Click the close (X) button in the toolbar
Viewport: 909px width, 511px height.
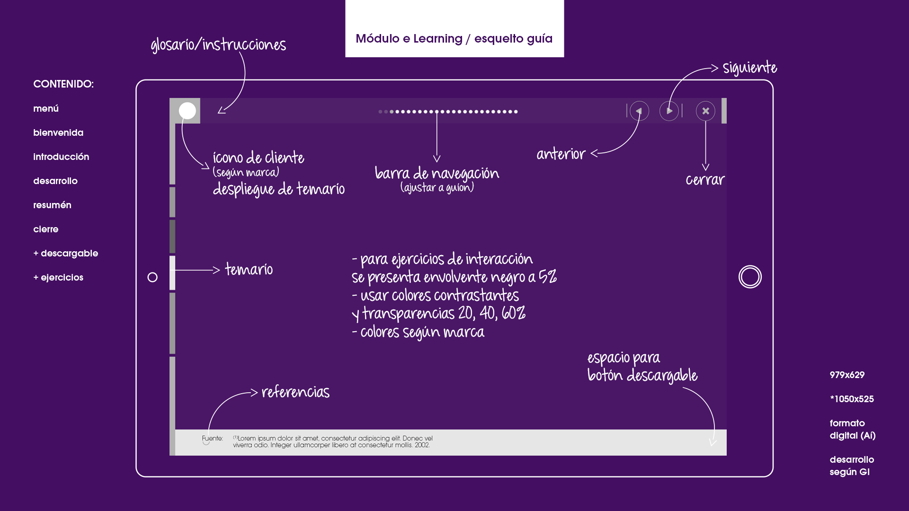(x=705, y=111)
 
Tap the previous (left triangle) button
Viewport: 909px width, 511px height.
(x=639, y=111)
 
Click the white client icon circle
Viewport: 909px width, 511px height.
(x=187, y=111)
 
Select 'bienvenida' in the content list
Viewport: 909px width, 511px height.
(x=58, y=133)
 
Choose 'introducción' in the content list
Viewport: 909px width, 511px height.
(x=61, y=157)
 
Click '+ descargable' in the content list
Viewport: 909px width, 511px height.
(x=66, y=254)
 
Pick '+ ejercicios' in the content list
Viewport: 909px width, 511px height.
(x=58, y=278)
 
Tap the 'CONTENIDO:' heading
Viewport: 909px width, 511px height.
(x=63, y=84)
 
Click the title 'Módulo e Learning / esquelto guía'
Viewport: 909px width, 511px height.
(x=454, y=39)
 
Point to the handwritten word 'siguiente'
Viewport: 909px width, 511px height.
(x=749, y=68)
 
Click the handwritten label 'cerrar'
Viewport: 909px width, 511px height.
(x=705, y=180)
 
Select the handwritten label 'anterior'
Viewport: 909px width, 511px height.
(x=561, y=154)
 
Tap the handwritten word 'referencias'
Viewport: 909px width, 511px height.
(x=295, y=392)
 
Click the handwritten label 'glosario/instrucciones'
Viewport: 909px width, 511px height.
(x=218, y=45)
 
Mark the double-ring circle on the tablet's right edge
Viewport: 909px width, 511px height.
(x=750, y=277)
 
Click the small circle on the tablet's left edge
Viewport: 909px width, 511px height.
(x=152, y=277)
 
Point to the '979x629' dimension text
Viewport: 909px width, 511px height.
(x=847, y=375)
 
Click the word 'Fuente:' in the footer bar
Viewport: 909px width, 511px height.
(x=212, y=439)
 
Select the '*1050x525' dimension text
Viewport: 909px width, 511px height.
(x=852, y=399)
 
